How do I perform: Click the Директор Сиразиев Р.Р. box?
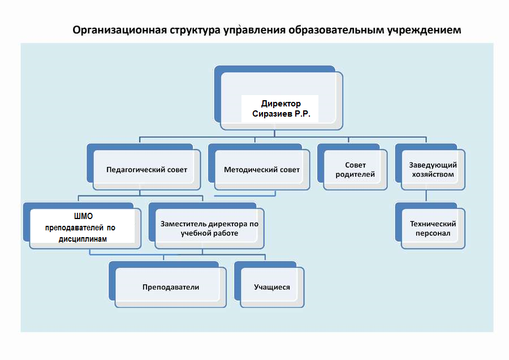pos(281,109)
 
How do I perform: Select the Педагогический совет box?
pos(146,170)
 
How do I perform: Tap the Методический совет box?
pos(262,170)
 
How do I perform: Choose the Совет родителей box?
pos(355,170)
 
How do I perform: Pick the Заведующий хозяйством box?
pos(433,170)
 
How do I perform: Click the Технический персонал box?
pos(433,228)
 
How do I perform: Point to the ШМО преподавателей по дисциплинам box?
pos(83,228)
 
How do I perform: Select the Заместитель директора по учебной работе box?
pos(209,228)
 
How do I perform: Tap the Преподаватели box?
pos(171,287)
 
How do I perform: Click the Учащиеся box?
pos(272,287)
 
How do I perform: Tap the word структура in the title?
pos(193,29)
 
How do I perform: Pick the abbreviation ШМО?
pos(83,217)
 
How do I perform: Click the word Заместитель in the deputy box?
pos(184,224)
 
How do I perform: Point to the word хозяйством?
pos(432,174)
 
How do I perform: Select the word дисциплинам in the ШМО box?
pos(83,239)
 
